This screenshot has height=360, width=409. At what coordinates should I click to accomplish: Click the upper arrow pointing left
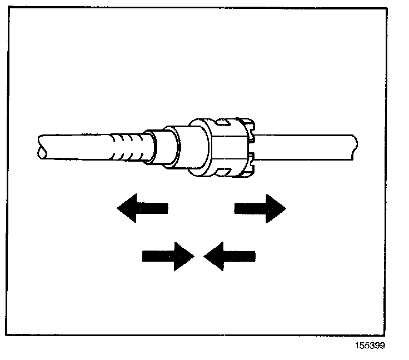[142, 208]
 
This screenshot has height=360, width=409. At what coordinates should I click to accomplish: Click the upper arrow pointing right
[260, 208]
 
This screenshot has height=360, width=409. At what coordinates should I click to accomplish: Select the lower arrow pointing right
[168, 256]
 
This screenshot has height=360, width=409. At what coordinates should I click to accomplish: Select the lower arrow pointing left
[230, 256]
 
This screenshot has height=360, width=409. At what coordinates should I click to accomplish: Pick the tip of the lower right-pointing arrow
[192, 256]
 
